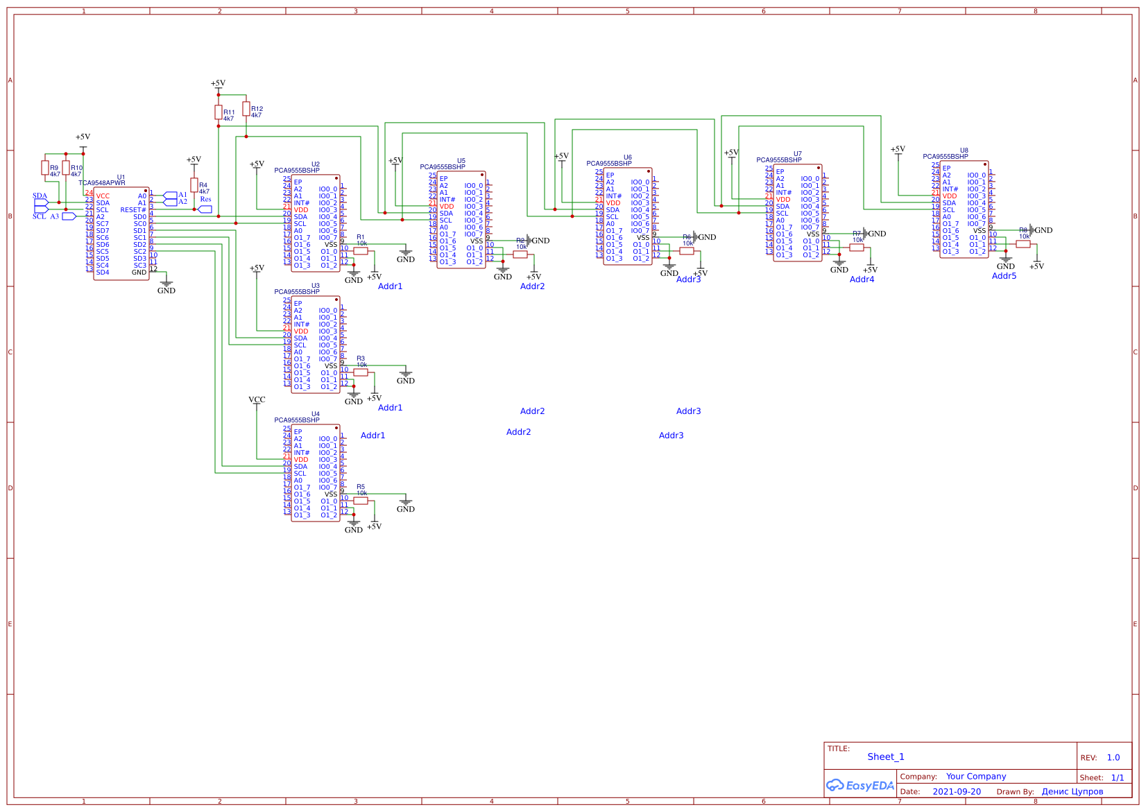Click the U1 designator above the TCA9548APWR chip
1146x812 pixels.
point(121,178)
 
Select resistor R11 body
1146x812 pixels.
point(219,112)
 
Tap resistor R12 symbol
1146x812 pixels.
point(246,109)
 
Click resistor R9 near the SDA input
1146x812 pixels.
point(45,168)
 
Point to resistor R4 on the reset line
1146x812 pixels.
point(194,185)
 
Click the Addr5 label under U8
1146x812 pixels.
point(1004,276)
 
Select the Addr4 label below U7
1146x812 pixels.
point(862,279)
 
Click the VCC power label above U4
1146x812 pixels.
point(257,399)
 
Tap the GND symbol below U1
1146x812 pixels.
point(166,285)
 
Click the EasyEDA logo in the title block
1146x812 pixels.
point(860,786)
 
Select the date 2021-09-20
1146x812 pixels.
point(957,792)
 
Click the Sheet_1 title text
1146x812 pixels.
point(886,757)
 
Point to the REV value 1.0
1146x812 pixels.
point(1113,758)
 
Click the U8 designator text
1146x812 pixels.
point(964,150)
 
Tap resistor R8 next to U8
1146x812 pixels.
point(1023,244)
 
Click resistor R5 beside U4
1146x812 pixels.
point(361,501)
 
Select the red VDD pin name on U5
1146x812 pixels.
point(447,207)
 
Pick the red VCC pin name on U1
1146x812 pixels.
point(103,196)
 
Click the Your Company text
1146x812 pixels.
point(976,777)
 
